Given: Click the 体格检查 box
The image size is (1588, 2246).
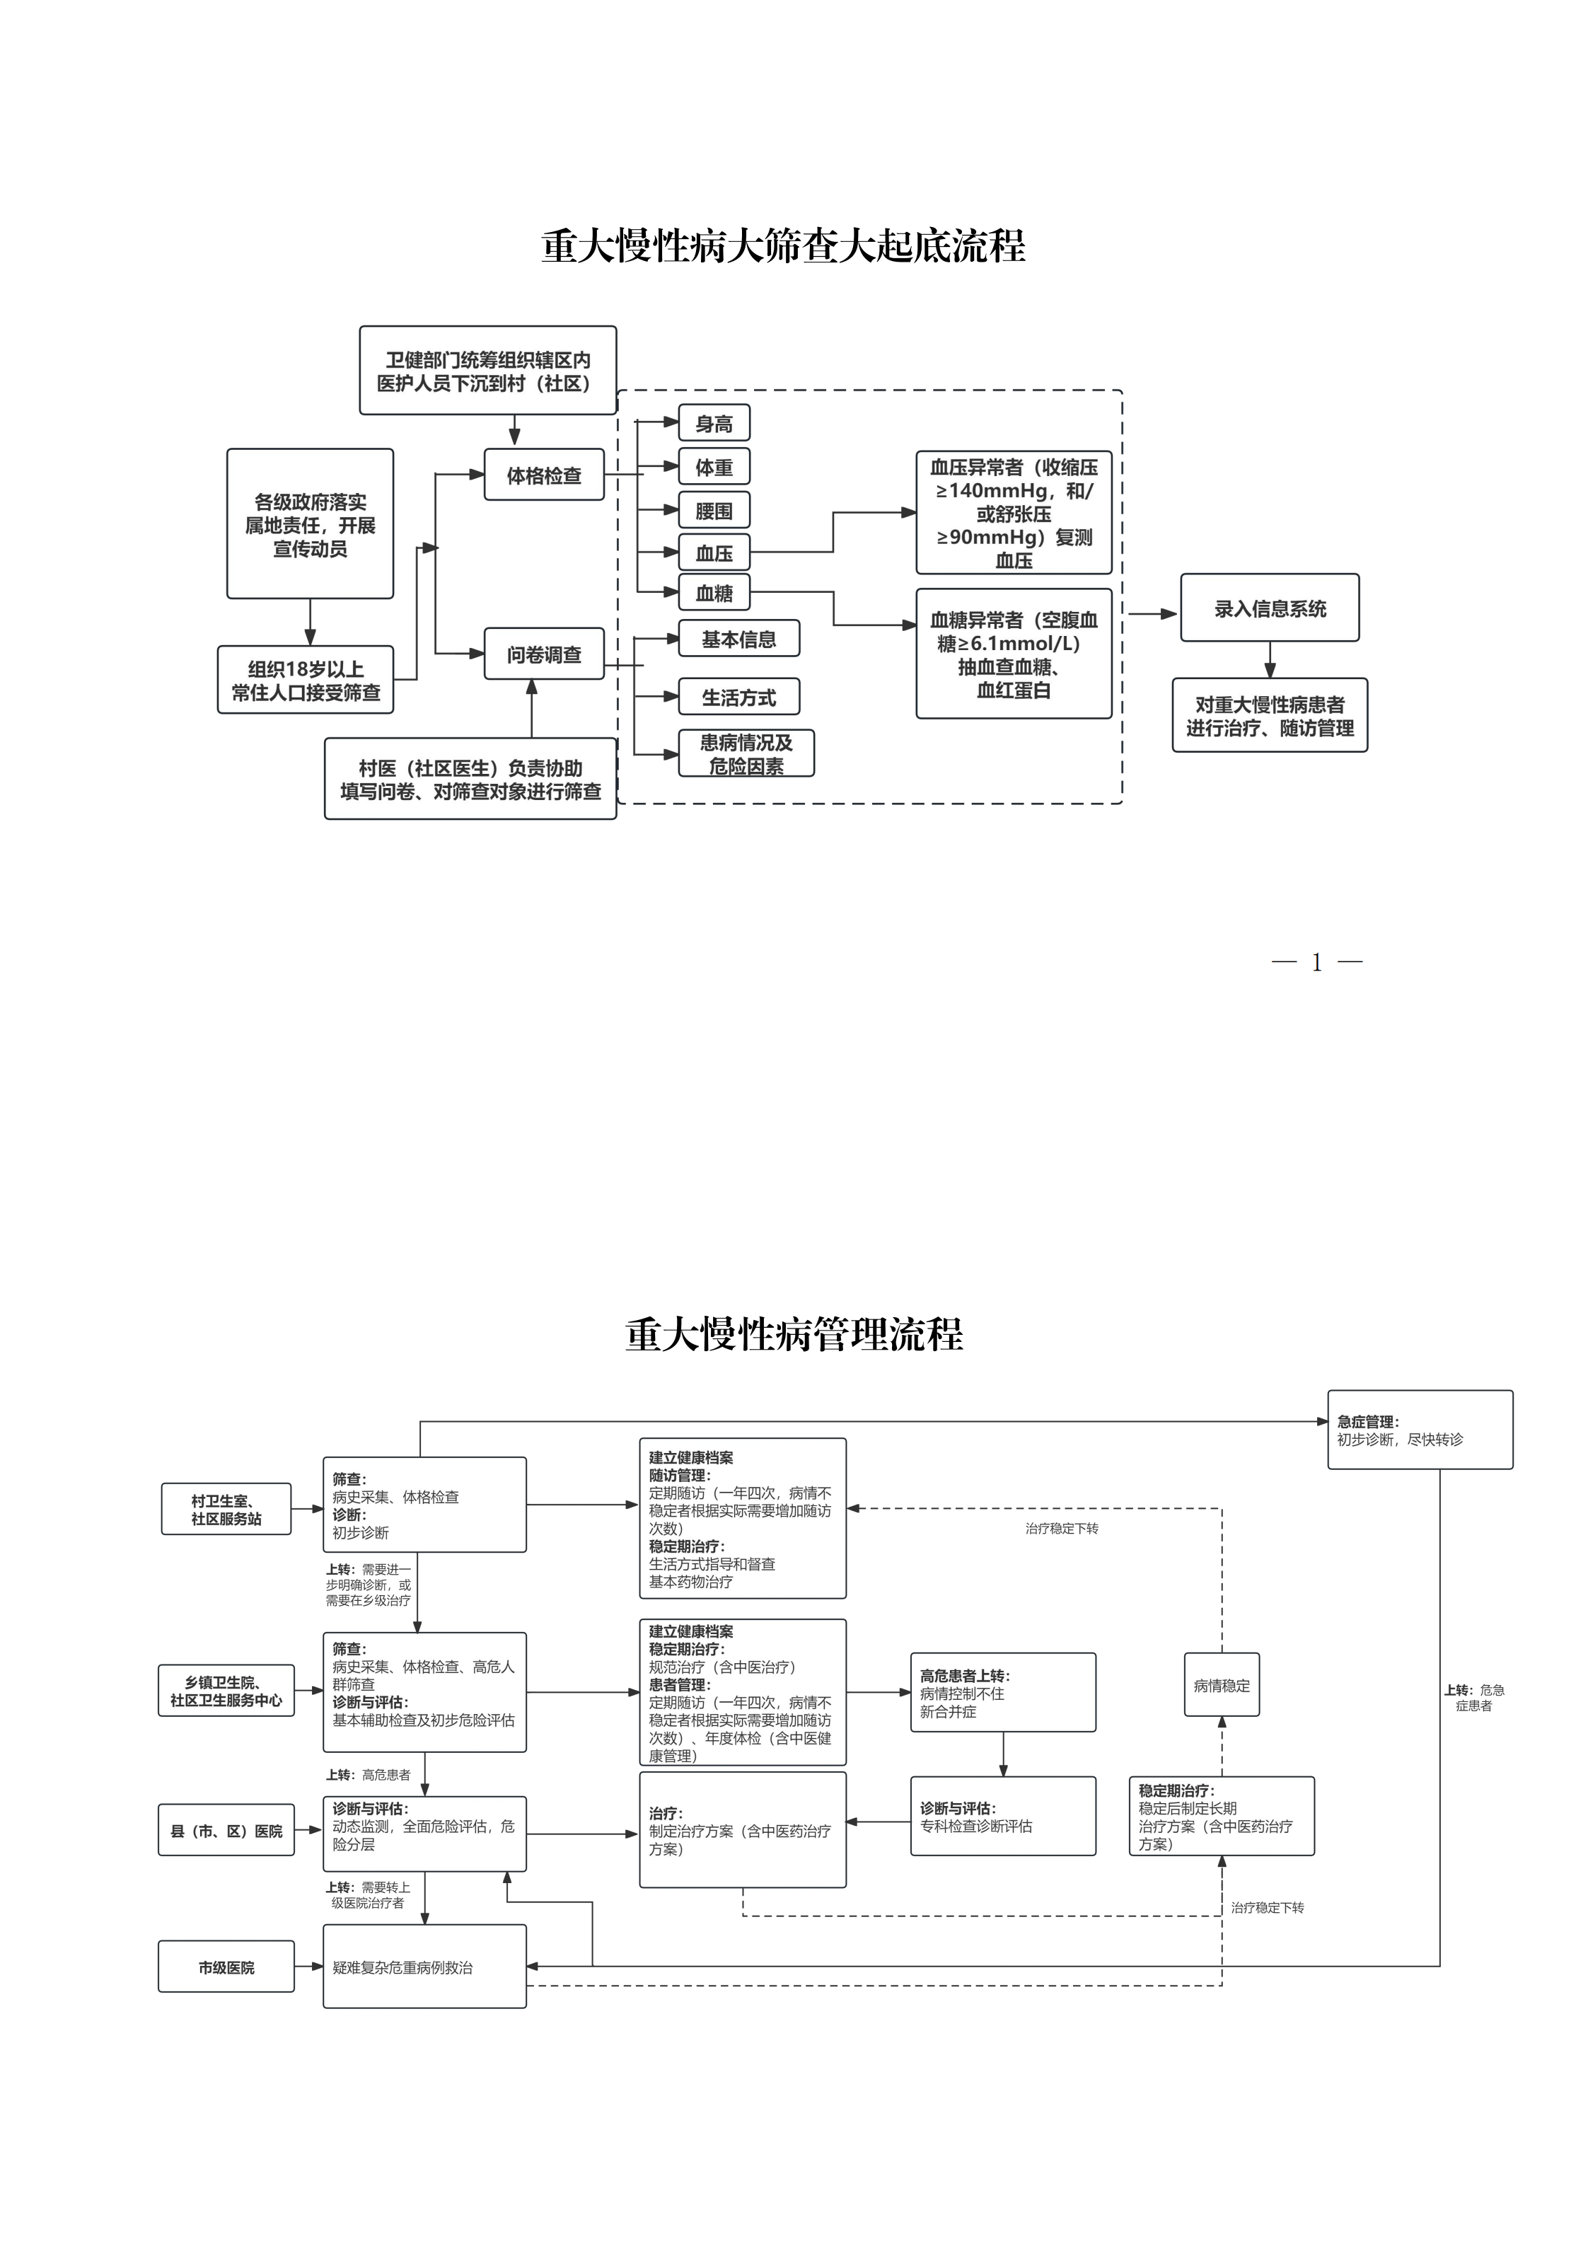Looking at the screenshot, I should (543, 475).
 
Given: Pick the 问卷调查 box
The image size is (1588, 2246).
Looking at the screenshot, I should (543, 654).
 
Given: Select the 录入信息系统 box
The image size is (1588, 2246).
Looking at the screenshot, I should (1269, 608).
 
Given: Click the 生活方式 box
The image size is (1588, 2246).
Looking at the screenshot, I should (738, 697).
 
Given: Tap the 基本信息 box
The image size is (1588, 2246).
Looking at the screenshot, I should (738, 639).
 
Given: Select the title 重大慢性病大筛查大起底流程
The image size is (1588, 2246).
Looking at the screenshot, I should (783, 245).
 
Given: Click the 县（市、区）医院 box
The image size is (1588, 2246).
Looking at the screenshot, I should (226, 1830).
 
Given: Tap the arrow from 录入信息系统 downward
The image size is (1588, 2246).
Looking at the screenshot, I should (1269, 660).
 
